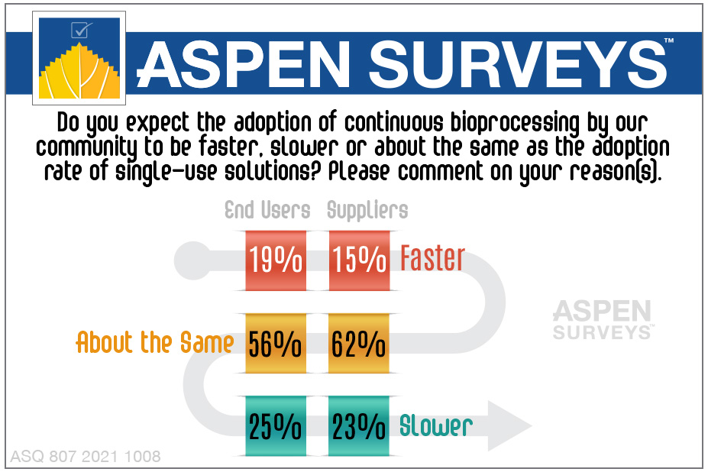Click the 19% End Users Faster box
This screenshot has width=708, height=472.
[275, 260]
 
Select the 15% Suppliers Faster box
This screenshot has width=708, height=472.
[359, 260]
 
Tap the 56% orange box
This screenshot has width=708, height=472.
[275, 344]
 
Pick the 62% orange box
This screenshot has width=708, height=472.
[359, 344]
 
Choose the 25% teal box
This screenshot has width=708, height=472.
[275, 426]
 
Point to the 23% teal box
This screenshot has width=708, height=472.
[359, 426]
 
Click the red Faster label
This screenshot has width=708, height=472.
[432, 260]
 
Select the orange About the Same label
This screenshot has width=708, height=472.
[154, 343]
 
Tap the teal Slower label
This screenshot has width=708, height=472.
[436, 426]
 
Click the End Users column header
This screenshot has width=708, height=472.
[267, 211]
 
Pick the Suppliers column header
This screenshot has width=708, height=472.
[367, 211]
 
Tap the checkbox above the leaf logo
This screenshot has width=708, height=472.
[79, 30]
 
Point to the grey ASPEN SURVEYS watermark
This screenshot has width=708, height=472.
[602, 319]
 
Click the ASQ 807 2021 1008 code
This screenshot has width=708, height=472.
[85, 457]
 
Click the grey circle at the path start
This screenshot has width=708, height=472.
[187, 260]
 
